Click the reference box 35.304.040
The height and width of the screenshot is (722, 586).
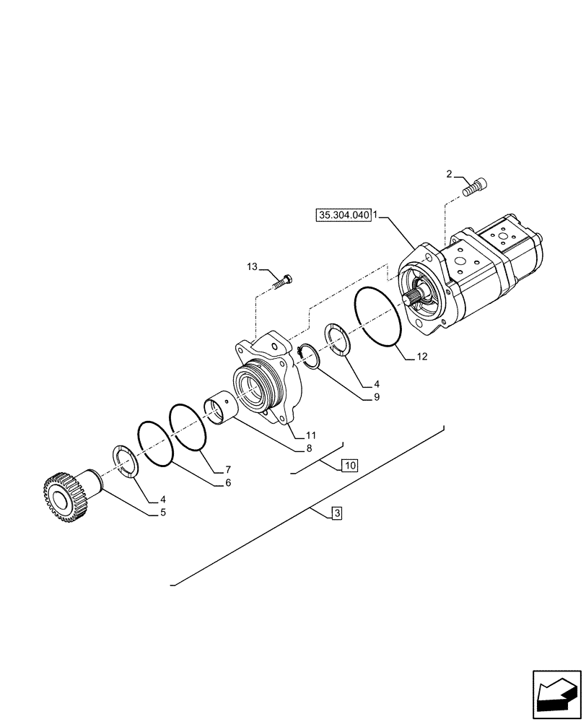343,215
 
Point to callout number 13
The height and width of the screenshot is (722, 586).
251,267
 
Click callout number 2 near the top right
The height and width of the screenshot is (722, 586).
450,174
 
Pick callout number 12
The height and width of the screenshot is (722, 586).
422,356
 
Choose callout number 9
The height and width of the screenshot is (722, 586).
377,396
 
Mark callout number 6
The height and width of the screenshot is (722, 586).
228,482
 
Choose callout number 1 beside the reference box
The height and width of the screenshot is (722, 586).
377,215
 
